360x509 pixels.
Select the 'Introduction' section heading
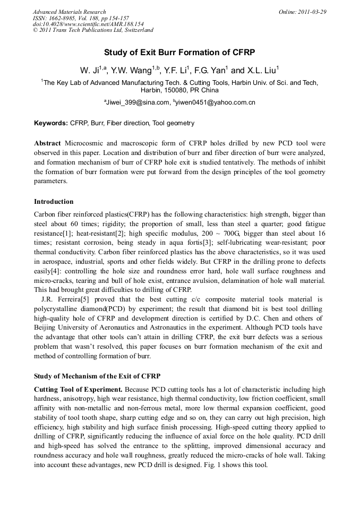pos(54,202)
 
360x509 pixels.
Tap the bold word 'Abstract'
pos(48,144)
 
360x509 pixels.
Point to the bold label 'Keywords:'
pos(51,123)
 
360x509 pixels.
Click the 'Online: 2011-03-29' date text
pos(302,12)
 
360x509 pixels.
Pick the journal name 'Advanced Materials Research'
pos(69,12)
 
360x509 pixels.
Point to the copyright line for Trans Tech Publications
pos(93,30)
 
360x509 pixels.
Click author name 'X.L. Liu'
pos(261,71)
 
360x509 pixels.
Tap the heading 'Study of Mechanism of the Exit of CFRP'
pos(97,376)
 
